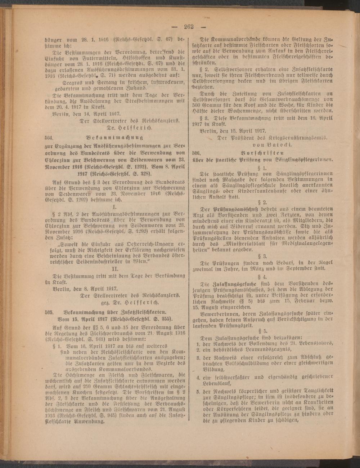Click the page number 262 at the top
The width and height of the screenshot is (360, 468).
pos(189,26)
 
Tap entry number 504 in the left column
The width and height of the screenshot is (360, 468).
pos(48,137)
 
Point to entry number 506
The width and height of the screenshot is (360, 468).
pos(197,152)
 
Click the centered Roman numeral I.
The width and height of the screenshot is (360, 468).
pos(114,208)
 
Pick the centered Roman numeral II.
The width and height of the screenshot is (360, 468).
pos(114,269)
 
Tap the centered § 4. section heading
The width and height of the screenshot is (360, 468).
pos(265,277)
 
